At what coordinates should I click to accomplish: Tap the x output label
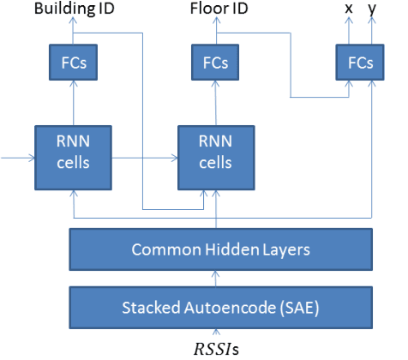[347, 9]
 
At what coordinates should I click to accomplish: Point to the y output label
[371, 9]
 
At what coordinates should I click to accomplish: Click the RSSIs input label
[214, 348]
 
